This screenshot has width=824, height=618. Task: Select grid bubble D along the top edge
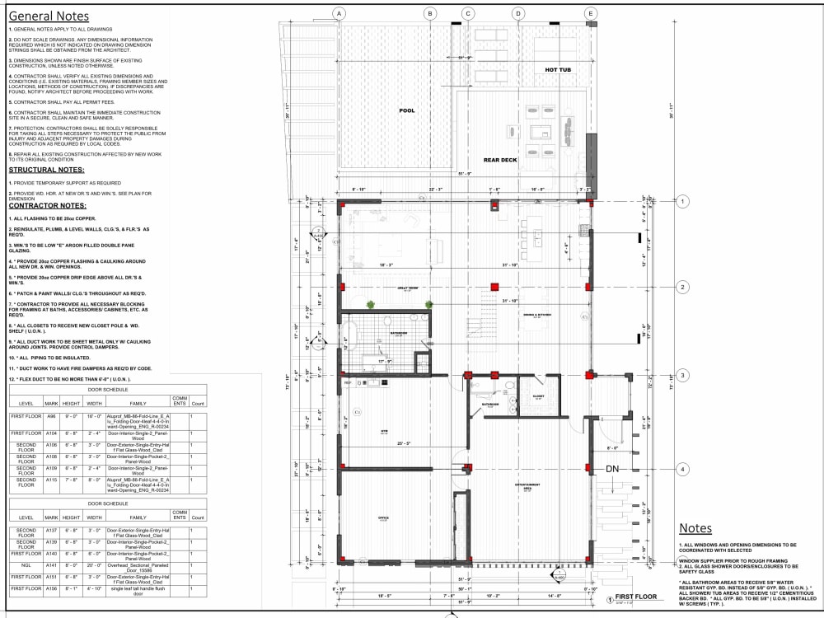[x=518, y=13]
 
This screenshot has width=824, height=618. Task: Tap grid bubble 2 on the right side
[x=682, y=287]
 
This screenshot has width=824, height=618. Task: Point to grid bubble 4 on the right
[x=682, y=470]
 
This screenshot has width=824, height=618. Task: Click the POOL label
[x=407, y=110]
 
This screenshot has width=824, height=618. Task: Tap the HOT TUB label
[x=557, y=70]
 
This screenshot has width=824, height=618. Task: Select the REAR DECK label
[x=499, y=160]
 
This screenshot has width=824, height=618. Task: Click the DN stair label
[x=612, y=469]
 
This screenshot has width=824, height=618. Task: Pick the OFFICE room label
[x=383, y=518]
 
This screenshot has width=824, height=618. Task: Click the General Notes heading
[x=49, y=16]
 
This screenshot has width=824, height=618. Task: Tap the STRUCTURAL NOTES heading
[x=47, y=170]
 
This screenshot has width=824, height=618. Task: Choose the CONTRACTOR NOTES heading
[x=48, y=205]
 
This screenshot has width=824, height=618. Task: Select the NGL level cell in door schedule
[x=26, y=567]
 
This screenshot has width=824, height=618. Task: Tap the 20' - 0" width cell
[x=93, y=567]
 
